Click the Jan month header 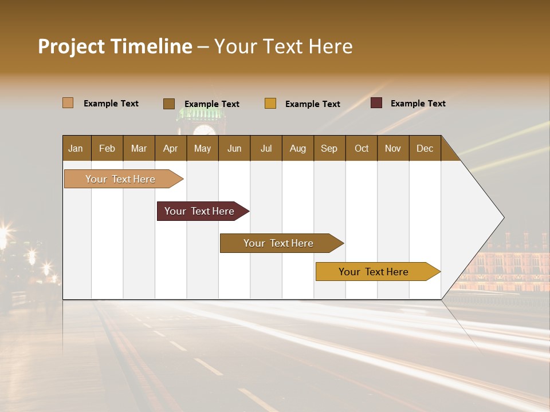coord(76,148)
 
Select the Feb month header coord(107,148)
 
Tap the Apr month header coord(171,148)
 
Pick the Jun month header coord(234,148)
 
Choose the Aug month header coord(298,148)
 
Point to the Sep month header coord(329,148)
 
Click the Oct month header coord(362,148)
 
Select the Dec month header coord(425,148)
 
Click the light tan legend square coord(68,103)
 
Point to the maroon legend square coord(376,103)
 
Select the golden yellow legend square coord(270,104)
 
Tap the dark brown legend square coord(169,104)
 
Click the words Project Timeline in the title coord(115,46)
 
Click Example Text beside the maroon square coord(418,104)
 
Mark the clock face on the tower coord(204,129)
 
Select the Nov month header coord(393,148)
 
